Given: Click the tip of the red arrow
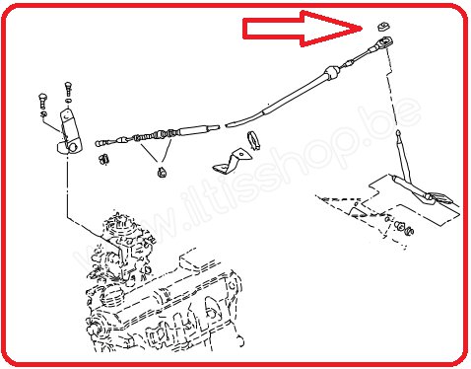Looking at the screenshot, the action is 362,29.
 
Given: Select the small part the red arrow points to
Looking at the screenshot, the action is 382,26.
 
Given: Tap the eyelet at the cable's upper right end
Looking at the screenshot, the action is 385,42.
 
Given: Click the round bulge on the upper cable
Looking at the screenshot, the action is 332,72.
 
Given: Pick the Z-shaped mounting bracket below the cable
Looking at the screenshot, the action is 232,162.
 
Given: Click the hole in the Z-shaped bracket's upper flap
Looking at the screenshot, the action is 241,154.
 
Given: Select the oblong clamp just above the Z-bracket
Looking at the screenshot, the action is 254,140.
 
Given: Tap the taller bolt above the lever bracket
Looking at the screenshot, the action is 68,89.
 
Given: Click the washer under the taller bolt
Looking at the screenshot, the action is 68,101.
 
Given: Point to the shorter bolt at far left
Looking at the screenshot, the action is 42,102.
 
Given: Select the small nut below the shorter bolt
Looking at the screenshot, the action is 43,114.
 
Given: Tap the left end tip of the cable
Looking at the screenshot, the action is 97,144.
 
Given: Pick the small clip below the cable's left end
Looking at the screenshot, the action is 103,159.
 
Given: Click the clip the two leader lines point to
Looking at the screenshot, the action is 162,172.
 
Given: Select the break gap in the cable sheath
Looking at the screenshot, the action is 223,125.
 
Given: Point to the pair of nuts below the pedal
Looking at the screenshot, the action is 404,228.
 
